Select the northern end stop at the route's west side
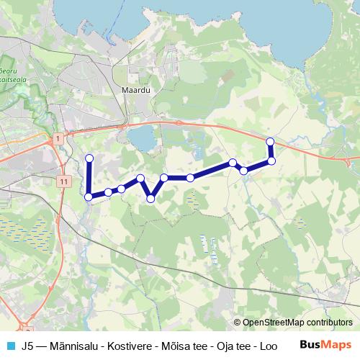[89, 158]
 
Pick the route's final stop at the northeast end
[270, 141]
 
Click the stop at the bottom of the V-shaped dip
[150, 198]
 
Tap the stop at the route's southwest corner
[89, 197]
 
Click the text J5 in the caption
[29, 346]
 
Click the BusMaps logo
[325, 345]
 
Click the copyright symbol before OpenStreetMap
[238, 323]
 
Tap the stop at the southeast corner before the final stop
[271, 161]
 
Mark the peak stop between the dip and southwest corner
[140, 178]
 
